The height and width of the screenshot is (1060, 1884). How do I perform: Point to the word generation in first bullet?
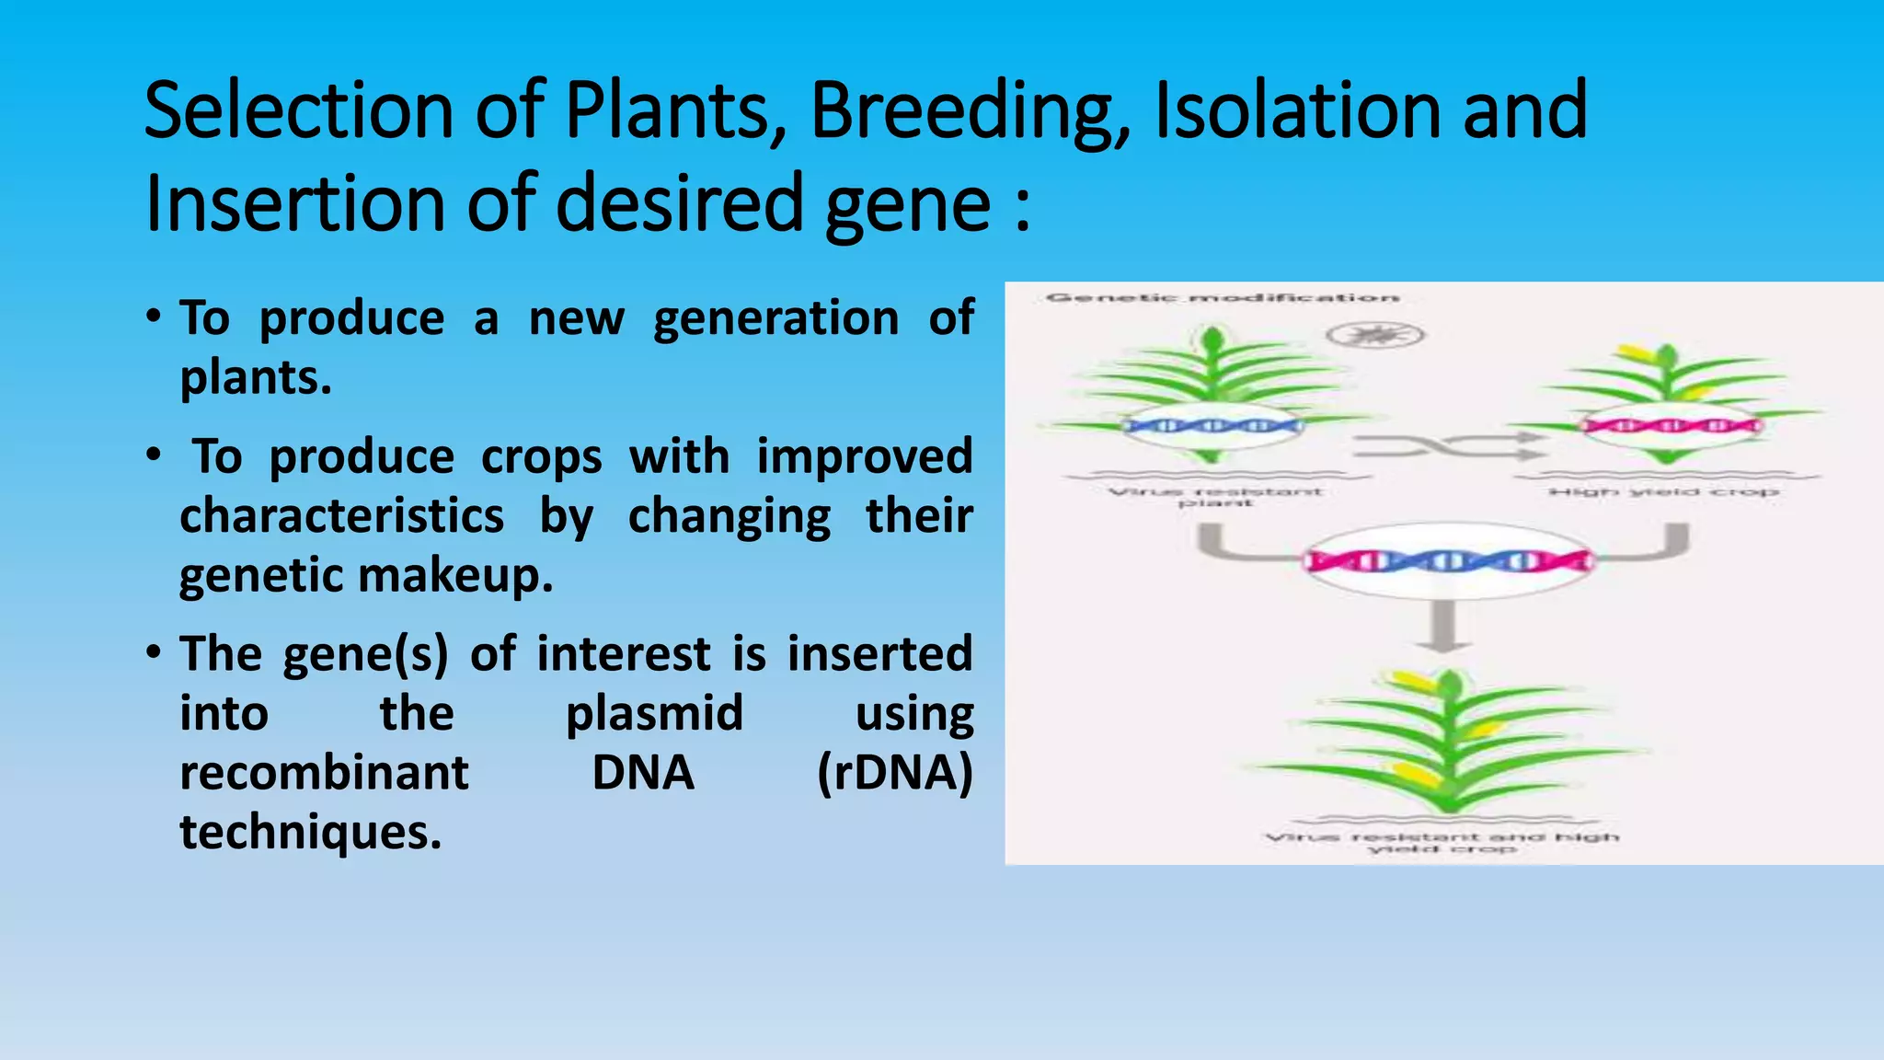pos(775,318)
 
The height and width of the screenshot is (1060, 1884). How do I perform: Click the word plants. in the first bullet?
pos(256,377)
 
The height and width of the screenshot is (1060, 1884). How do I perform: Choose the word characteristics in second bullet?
pos(341,515)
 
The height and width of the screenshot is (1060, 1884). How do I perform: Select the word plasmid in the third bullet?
pos(654,713)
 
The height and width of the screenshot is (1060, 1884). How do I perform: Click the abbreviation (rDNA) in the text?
pos(894,773)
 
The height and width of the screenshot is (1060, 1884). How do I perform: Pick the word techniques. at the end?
pos(311,833)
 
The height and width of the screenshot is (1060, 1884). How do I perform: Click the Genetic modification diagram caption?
pos(1223,297)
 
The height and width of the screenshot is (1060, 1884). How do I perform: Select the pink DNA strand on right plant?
pos(1670,426)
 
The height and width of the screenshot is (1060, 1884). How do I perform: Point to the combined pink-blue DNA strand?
pos(1448,560)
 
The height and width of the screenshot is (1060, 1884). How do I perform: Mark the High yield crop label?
pos(1664,492)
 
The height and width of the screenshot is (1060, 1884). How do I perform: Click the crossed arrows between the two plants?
pos(1449,446)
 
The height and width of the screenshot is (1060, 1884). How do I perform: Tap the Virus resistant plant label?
pos(1215,497)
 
